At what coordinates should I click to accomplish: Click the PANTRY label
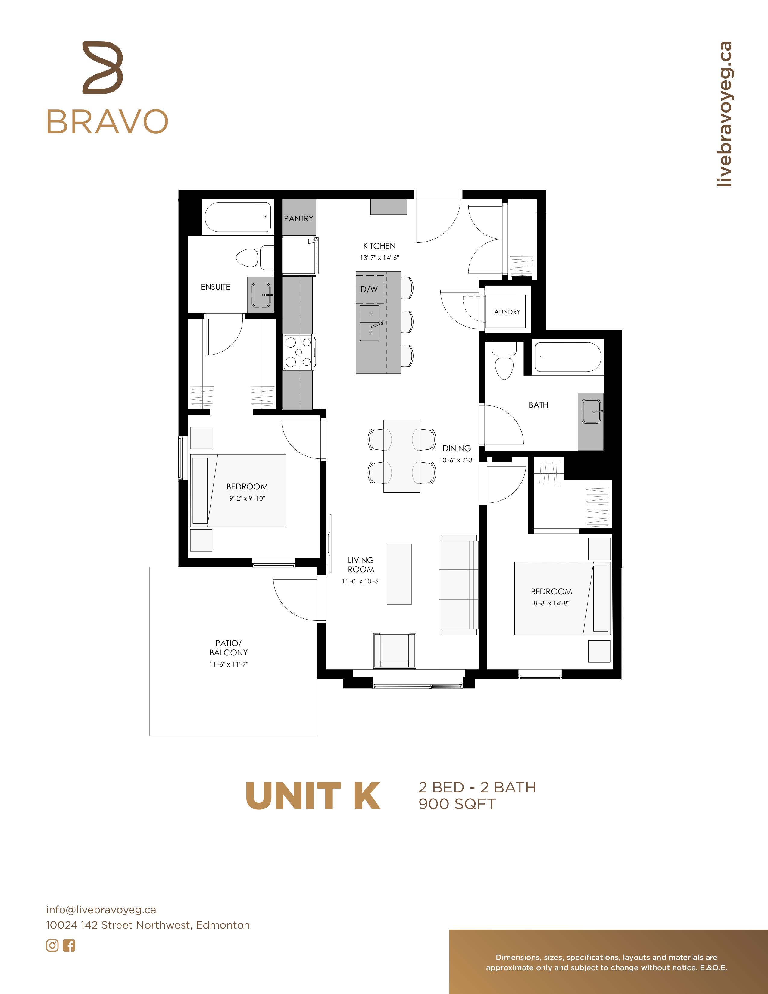(298, 218)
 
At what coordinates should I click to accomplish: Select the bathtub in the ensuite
(238, 217)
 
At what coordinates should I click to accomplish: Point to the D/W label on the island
(369, 289)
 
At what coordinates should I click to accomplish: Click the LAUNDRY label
(505, 312)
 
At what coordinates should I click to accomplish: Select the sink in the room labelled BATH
(592, 411)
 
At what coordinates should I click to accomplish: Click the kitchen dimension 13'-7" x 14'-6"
(379, 258)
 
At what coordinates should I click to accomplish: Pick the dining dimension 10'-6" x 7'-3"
(457, 460)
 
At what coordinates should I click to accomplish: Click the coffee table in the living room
(399, 574)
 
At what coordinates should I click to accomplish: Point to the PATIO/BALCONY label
(228, 648)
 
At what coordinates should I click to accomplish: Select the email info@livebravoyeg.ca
(101, 910)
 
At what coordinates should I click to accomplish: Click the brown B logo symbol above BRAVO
(103, 68)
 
